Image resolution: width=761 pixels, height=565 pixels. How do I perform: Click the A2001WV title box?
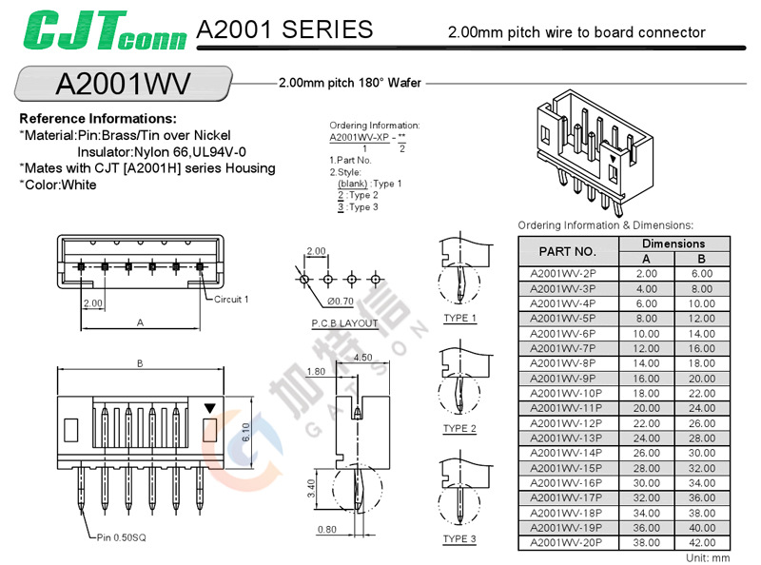pyautogui.click(x=124, y=83)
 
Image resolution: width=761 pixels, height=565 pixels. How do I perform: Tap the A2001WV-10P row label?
pyautogui.click(x=566, y=393)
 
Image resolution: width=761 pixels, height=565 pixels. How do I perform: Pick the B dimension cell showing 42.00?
pyautogui.click(x=701, y=542)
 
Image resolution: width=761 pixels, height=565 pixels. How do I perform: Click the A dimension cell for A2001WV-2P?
pyautogui.click(x=646, y=273)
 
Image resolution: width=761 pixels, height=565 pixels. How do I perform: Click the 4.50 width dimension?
pyautogui.click(x=362, y=358)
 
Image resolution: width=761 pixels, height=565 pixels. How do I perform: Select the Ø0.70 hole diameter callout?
pyautogui.click(x=341, y=301)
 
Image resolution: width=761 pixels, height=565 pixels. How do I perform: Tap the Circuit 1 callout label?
pyautogui.click(x=231, y=299)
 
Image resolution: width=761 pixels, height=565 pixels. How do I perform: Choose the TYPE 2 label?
pyautogui.click(x=459, y=429)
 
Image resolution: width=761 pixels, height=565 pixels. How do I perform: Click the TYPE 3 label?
pyautogui.click(x=459, y=540)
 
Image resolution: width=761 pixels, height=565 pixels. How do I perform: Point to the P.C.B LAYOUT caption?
pyautogui.click(x=344, y=323)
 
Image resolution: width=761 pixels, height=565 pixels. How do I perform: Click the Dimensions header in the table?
pyautogui.click(x=673, y=244)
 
